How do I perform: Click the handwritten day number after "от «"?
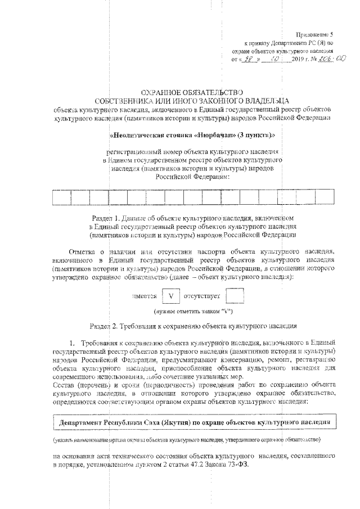(248, 58)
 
